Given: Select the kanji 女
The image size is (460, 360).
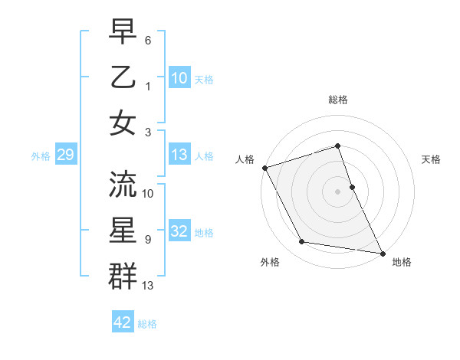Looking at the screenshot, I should [x=123, y=123].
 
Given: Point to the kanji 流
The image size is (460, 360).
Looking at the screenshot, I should [x=123, y=185].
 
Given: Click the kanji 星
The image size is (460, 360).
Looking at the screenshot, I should [x=123, y=231].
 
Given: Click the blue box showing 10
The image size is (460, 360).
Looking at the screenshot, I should [x=179, y=78].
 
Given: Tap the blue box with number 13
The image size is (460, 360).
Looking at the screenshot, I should [x=179, y=155].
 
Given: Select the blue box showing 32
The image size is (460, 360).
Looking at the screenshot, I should [x=179, y=232].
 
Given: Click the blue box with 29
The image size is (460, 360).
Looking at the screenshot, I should [x=65, y=155].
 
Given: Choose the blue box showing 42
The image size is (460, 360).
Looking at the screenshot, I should [x=123, y=322].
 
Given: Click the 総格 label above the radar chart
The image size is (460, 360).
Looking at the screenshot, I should [x=337, y=100].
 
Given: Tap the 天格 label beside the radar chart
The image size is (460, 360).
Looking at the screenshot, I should [x=432, y=159].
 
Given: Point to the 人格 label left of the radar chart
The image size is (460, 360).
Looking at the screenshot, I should [x=245, y=159].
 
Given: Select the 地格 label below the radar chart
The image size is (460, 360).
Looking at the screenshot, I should [x=402, y=263].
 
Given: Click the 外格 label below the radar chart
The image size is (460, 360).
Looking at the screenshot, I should [x=269, y=263].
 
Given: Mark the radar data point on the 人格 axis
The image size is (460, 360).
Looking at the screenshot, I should [x=264, y=168].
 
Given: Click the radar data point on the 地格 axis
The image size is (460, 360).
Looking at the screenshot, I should [x=382, y=252].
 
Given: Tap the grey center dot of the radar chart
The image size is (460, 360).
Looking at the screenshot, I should [x=337, y=191].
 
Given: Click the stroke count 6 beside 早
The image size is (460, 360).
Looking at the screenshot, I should [x=148, y=39].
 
